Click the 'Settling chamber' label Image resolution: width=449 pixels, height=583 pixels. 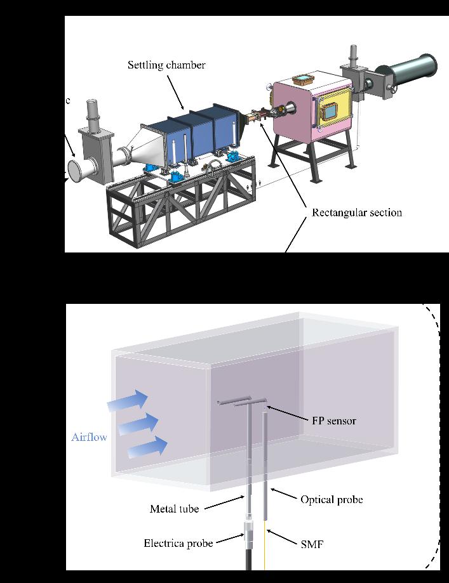click(166, 65)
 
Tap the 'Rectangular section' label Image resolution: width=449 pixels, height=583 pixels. click(356, 213)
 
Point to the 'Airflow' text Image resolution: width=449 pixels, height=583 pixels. click(89, 437)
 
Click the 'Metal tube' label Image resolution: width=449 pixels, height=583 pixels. click(175, 509)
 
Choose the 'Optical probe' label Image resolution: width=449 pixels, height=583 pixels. click(331, 500)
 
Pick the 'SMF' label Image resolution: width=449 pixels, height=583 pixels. click(311, 544)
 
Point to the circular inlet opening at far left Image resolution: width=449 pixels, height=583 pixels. click(83, 172)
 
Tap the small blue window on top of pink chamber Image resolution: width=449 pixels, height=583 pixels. click(304, 80)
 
